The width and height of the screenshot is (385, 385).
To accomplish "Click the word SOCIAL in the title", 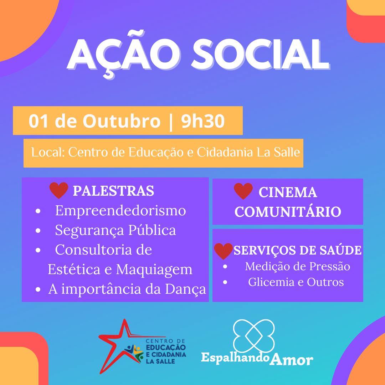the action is (x=261, y=55).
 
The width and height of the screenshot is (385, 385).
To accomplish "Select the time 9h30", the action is (x=203, y=121).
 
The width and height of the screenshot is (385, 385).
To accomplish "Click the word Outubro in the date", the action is (x=122, y=121).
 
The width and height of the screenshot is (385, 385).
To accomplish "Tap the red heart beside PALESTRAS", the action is (x=59, y=190).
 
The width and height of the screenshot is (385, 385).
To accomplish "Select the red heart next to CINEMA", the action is (x=243, y=191).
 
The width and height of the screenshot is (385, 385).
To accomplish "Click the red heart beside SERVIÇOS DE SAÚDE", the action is (x=224, y=251).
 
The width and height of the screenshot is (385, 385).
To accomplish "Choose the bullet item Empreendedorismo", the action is (x=120, y=211).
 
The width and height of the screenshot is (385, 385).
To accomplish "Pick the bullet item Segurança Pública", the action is (x=115, y=230).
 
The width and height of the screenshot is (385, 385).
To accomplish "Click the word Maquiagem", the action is (x=154, y=269).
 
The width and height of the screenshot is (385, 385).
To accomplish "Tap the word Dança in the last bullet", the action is (x=185, y=289).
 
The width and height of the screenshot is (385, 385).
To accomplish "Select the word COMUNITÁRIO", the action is (x=288, y=212).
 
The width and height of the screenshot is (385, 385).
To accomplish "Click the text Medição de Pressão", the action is (x=298, y=266).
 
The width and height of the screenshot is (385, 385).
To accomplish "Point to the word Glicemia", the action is (x=271, y=282).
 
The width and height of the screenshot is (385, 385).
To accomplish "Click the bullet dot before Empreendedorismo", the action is (x=38, y=211).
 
